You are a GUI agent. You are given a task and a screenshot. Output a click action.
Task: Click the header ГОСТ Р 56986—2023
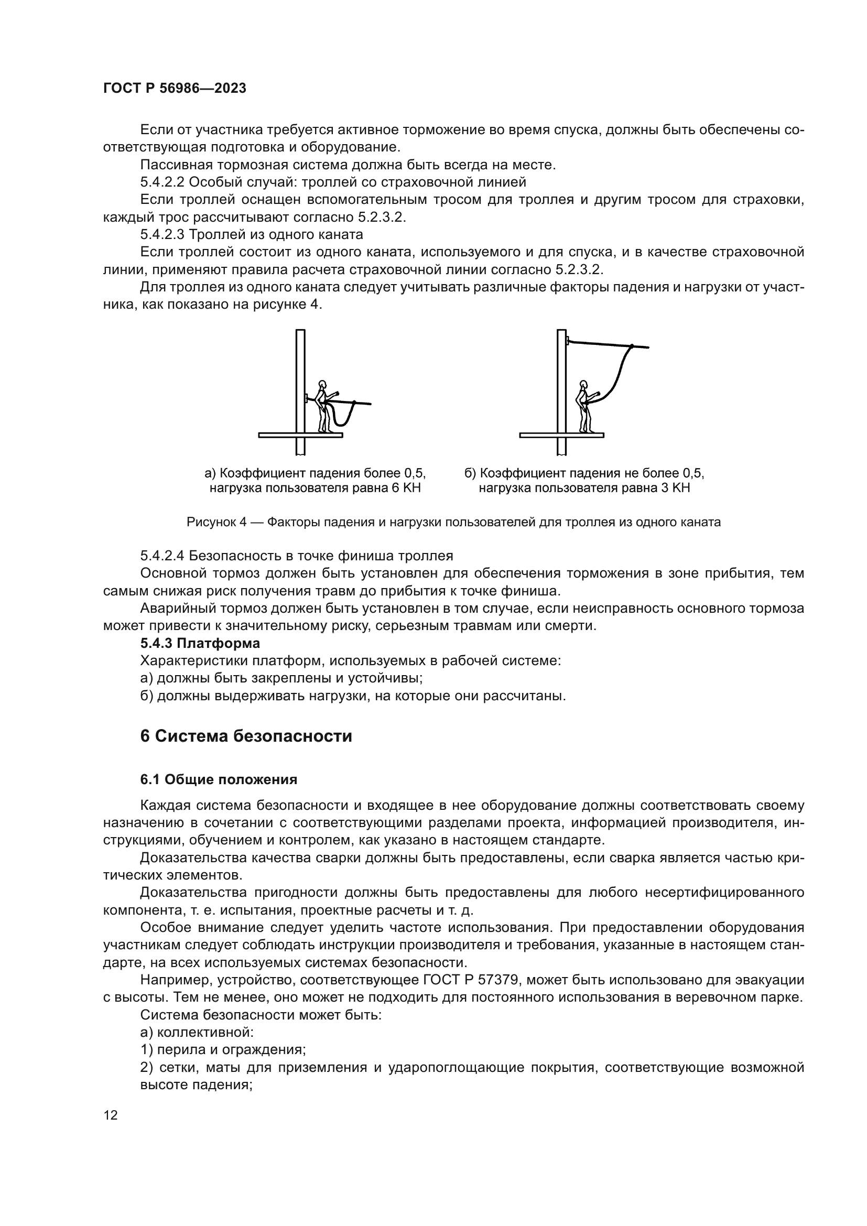pos(175,89)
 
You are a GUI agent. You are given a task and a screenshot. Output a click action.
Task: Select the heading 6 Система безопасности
pos(246,736)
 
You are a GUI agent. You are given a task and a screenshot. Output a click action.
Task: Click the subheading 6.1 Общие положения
pos(219,779)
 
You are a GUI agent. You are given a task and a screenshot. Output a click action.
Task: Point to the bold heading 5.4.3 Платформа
pos(200,643)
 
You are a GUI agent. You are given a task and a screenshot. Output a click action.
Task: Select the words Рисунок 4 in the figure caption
pos(216,522)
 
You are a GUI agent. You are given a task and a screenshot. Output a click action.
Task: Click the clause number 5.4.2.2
pos(162,182)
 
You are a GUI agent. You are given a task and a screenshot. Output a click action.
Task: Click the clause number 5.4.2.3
pos(162,234)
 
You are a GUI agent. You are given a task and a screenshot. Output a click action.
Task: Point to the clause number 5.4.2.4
pos(162,556)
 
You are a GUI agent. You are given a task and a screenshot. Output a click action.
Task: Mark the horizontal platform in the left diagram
pos(300,435)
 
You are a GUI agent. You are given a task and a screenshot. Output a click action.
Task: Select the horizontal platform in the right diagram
pos(561,435)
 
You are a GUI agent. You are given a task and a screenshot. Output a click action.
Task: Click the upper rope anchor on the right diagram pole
pos(568,340)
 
